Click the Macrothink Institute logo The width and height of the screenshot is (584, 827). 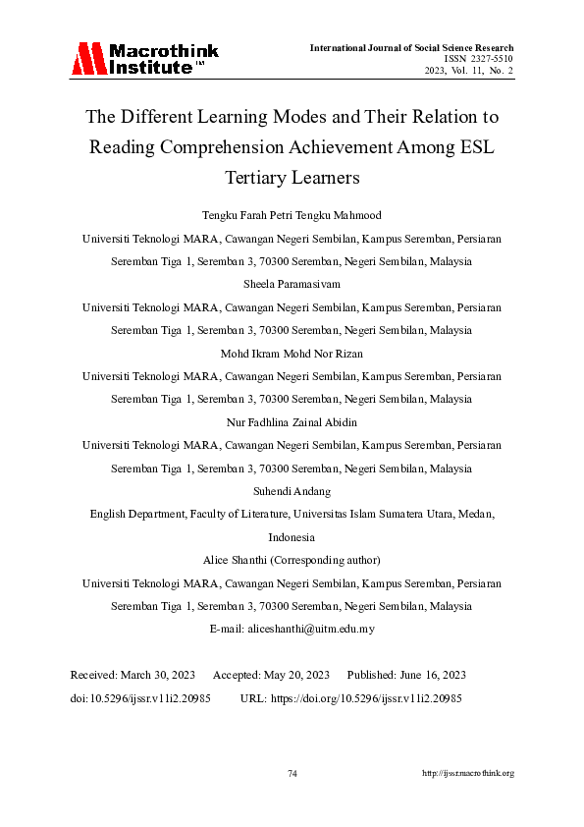pos(144,59)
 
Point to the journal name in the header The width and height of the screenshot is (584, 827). pos(411,47)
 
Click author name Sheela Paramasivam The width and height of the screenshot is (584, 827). pos(292,284)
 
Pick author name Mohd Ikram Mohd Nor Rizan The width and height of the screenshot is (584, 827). pos(292,354)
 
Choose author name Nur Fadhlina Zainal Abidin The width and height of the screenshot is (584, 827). pos(292,422)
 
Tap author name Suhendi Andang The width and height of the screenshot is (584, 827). pos(292,492)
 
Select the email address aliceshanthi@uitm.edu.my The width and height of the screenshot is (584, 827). pos(314,629)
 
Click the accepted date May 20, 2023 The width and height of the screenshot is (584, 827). pos(295,676)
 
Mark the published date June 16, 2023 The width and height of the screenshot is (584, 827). pos(431,676)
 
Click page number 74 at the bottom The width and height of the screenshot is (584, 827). pos(292,774)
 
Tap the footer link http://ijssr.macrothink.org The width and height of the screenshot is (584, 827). pos(468,774)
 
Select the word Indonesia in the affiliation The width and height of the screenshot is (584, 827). pos(292,537)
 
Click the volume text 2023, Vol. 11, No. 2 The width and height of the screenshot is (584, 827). pos(469,71)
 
